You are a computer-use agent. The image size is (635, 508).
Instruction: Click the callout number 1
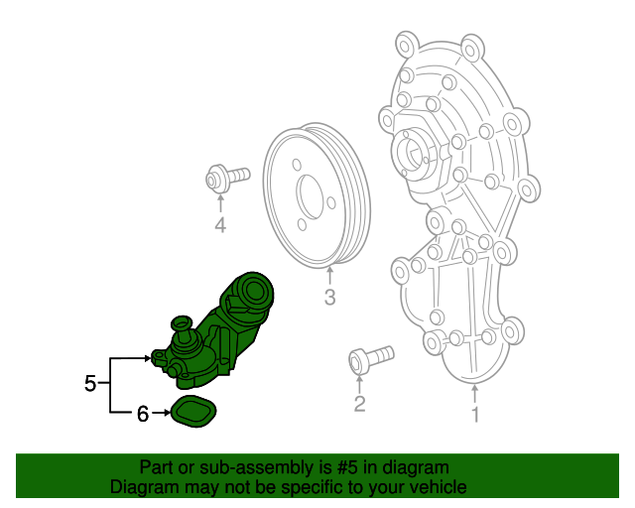475,415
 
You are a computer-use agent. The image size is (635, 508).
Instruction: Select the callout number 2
359,403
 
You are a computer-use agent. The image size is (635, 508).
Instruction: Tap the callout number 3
329,297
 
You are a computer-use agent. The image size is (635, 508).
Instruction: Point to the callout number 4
220,227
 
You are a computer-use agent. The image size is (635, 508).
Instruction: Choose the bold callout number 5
90,383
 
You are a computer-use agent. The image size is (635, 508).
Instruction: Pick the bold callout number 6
142,415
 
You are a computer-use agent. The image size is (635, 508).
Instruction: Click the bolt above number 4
225,180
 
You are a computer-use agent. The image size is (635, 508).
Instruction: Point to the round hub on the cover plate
415,153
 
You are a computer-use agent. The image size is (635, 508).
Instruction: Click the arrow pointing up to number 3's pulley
329,274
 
